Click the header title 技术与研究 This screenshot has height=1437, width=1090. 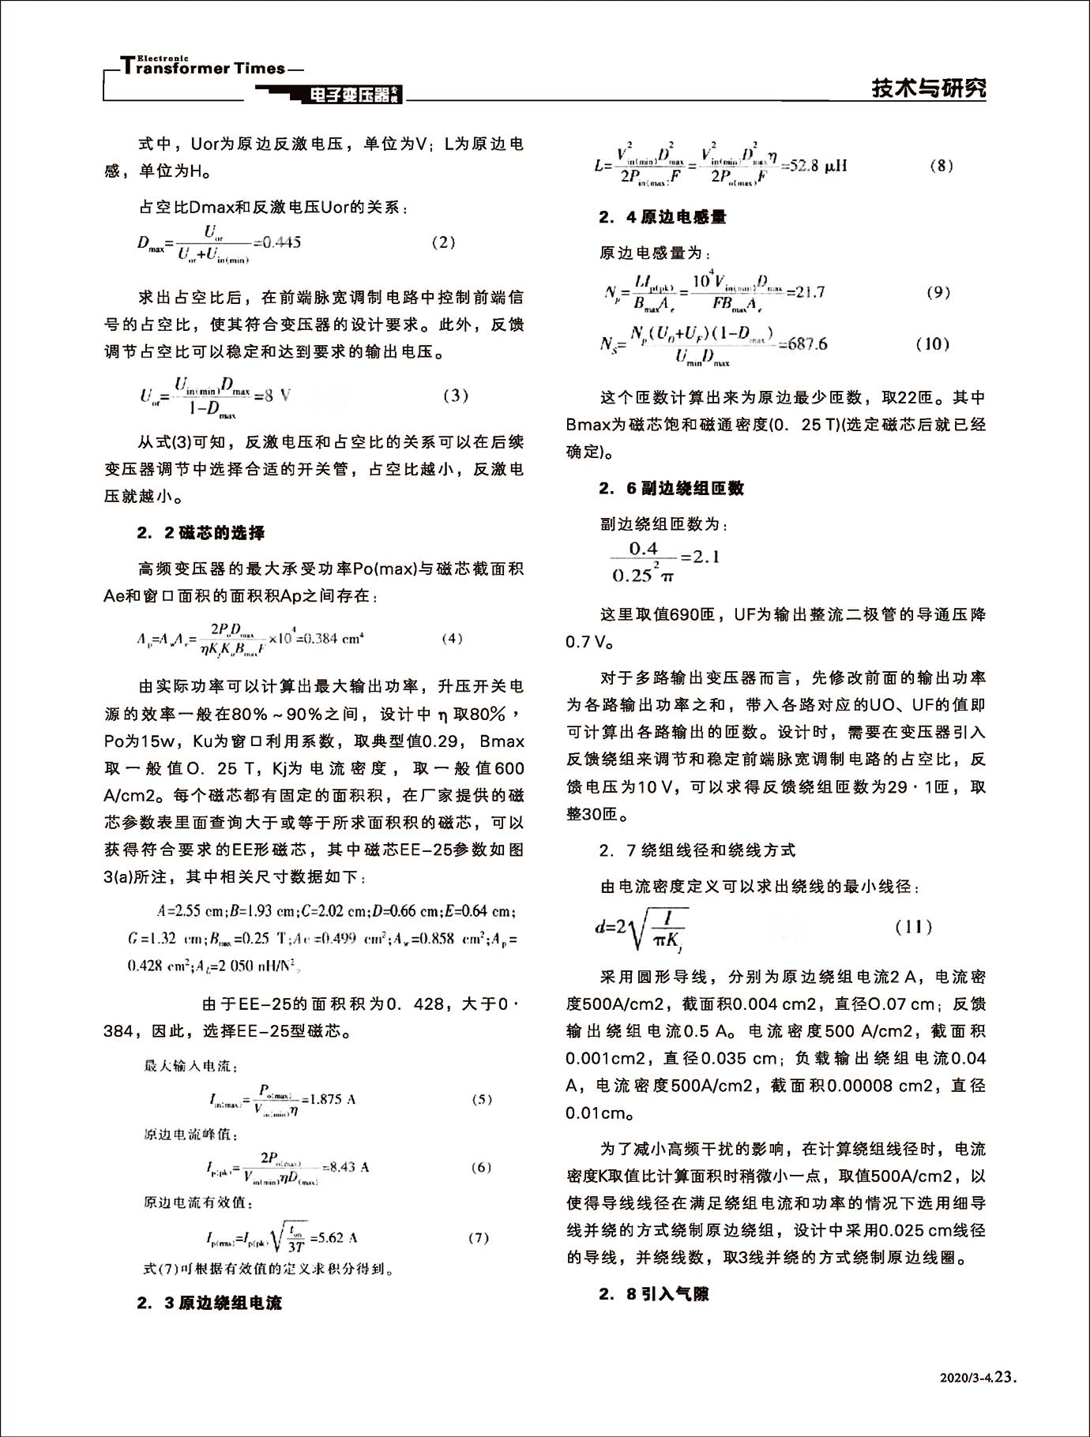[929, 88]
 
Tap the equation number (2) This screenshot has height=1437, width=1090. [443, 242]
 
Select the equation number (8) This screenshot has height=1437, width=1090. [941, 166]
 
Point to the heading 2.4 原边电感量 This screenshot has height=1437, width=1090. [663, 217]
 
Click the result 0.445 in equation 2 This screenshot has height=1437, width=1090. [280, 242]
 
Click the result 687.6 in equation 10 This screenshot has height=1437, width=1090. [807, 343]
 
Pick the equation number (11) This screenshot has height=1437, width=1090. [914, 926]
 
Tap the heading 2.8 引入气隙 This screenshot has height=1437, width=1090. [653, 1294]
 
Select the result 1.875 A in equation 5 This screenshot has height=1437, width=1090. [331, 1099]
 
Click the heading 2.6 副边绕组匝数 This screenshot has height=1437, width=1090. [671, 489]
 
